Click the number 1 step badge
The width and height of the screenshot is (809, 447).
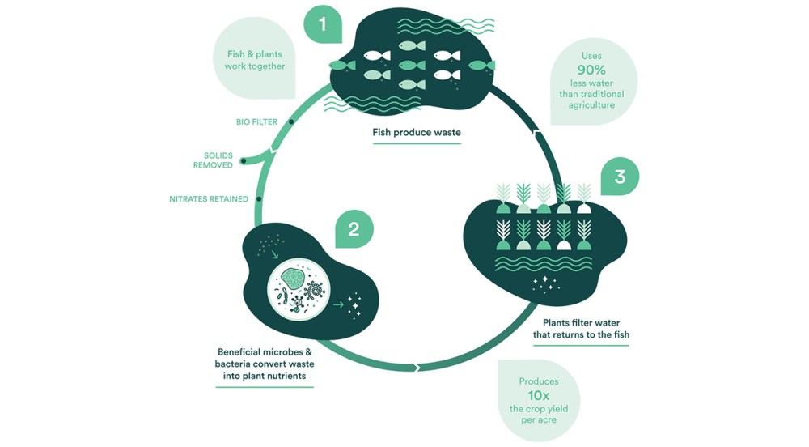click(x=323, y=25)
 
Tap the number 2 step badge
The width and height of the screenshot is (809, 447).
click(x=354, y=229)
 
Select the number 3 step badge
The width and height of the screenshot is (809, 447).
click(x=620, y=177)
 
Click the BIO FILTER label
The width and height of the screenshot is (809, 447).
click(x=256, y=122)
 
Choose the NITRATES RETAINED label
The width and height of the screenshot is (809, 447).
click(x=209, y=198)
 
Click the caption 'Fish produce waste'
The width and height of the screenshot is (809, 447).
click(x=417, y=133)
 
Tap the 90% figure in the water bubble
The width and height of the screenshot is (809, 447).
click(x=591, y=70)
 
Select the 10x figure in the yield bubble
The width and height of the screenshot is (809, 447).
click(x=539, y=395)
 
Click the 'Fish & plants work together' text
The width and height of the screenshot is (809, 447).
click(x=256, y=60)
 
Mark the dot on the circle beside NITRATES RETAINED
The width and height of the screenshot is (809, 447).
click(x=258, y=198)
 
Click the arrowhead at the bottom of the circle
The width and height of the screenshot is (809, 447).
click(x=417, y=368)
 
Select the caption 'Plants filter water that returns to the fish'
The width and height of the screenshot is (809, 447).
click(x=580, y=328)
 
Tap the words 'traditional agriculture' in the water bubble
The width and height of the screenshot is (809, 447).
click(x=591, y=100)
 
